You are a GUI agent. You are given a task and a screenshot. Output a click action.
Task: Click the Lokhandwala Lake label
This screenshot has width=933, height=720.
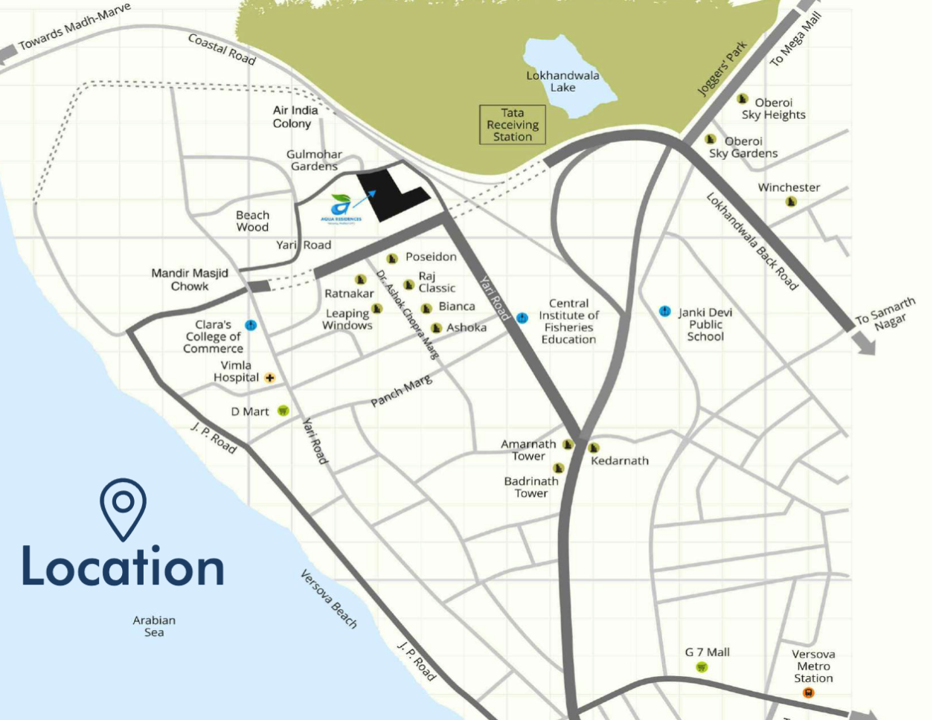pos(562,81)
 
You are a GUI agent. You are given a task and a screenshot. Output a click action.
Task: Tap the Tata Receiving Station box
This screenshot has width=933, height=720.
pos(513,125)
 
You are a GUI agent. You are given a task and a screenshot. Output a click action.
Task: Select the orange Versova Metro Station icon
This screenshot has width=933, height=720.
pos(809,693)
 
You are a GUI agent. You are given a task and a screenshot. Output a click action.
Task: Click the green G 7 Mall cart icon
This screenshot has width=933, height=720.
pos(702,667)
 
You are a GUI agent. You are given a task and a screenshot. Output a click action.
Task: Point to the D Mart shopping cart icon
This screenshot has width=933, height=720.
pos(283,411)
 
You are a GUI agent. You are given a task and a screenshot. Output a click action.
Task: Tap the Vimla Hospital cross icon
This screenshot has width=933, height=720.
pos(269,378)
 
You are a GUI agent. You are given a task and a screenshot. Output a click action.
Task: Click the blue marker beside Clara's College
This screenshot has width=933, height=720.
pos(251,325)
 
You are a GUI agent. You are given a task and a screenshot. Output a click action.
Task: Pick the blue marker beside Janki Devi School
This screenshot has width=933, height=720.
pos(665,311)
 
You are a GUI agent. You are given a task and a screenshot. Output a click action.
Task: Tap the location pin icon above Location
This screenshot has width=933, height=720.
pos(124,509)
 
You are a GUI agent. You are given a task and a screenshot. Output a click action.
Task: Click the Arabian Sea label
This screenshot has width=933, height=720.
pos(154,626)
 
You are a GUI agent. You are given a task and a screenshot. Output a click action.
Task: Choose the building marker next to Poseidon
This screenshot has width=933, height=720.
pos(392,258)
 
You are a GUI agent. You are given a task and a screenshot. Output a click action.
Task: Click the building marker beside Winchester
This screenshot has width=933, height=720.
pos(792,202)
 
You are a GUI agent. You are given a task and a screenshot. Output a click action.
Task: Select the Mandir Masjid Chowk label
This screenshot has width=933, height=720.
pos(190,280)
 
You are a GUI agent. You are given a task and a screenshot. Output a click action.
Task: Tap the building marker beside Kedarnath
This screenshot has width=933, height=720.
pos(594,448)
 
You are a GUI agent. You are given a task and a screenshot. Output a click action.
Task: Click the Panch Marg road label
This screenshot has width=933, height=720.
pos(401,391)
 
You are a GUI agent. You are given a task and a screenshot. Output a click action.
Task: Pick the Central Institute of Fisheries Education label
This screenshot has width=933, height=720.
pos(568,321)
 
